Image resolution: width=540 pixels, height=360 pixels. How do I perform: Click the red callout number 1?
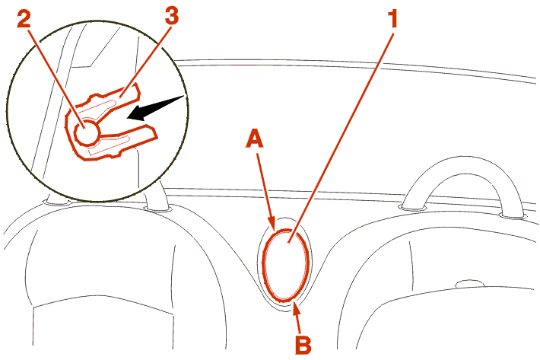tap(392, 18)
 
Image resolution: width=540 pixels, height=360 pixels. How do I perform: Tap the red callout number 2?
tap(24, 20)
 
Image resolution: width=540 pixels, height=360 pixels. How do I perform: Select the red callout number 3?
tap(172, 16)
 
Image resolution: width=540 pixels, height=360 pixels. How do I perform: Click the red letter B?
tap(303, 345)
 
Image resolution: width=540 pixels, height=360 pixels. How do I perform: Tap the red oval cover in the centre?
tap(285, 265)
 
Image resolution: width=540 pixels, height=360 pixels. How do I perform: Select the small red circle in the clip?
tap(87, 131)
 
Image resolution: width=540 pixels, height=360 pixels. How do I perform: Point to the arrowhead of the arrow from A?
tap(272, 223)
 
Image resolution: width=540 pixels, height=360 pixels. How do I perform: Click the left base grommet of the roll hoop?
tap(412, 207)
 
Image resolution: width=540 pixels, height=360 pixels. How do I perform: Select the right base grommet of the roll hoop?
tap(513, 216)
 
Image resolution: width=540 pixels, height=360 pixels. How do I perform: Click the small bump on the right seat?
tap(469, 283)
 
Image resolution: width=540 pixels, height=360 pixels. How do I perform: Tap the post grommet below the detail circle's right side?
tap(157, 208)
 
